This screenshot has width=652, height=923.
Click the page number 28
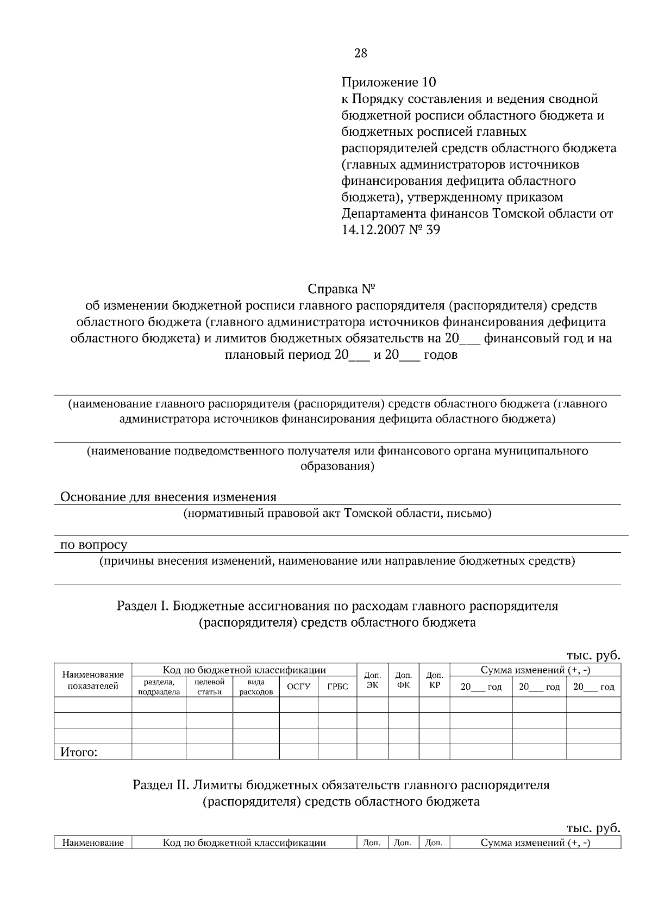pos(360,53)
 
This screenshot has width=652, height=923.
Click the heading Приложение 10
pos(388,83)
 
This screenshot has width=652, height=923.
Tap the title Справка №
pos(342,288)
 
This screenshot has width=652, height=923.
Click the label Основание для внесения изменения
pos(168,497)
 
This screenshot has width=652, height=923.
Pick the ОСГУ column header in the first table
pos(298,687)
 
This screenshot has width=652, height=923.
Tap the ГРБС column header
pos(337,687)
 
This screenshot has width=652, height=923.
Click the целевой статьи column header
pos(209,687)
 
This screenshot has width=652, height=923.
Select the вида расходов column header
pos(256,687)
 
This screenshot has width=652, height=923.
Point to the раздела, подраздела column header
pos(159,687)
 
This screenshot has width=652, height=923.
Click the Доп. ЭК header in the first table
pos(372,681)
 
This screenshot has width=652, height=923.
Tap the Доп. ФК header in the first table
pos(403,681)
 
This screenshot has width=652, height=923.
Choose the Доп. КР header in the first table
pos(434,681)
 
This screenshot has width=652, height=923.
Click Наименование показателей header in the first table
pos(93,681)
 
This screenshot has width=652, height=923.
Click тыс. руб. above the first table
pos(593,655)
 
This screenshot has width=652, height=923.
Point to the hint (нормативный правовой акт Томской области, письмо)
pos(337,513)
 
